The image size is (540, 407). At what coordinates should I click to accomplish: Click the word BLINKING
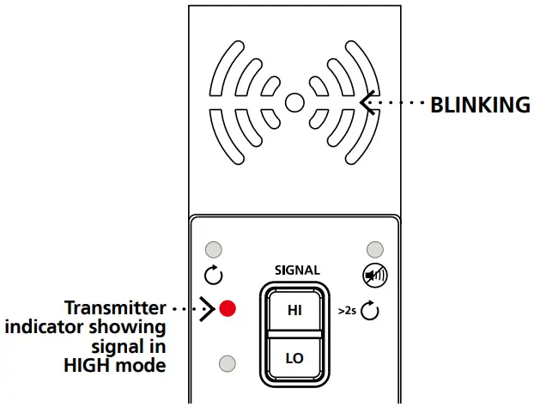[480, 105]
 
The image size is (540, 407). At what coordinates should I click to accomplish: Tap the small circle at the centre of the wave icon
[294, 103]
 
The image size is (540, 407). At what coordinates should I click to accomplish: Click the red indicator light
[228, 307]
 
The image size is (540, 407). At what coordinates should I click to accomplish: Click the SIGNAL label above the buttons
[297, 270]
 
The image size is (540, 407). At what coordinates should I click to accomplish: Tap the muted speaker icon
[374, 276]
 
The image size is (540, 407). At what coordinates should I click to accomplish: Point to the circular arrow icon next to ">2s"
[370, 309]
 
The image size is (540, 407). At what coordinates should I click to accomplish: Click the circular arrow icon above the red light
[215, 276]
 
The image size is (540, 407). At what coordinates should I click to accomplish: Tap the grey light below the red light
[228, 361]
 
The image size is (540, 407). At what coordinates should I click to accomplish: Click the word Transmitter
[115, 307]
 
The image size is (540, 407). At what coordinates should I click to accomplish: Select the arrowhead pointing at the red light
[207, 307]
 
